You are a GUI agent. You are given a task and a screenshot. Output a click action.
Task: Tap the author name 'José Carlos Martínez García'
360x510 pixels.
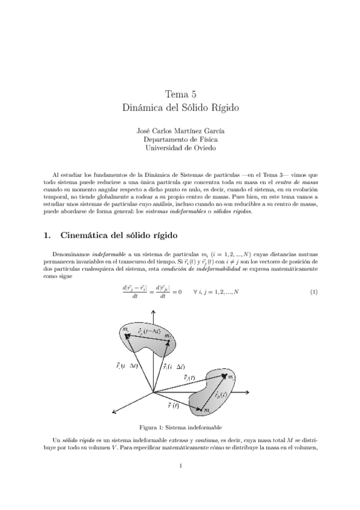(x=180, y=131)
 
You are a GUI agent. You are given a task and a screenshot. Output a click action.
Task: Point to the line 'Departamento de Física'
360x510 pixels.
(x=180, y=139)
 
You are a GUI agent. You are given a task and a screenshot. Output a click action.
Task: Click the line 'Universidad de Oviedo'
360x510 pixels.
(x=180, y=147)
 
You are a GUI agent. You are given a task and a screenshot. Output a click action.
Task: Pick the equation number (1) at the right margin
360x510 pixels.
(x=313, y=292)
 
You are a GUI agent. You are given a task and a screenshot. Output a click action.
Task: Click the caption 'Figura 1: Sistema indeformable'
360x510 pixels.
(x=180, y=427)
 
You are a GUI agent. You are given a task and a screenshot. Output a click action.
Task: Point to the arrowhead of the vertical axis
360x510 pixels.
(x=154, y=312)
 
